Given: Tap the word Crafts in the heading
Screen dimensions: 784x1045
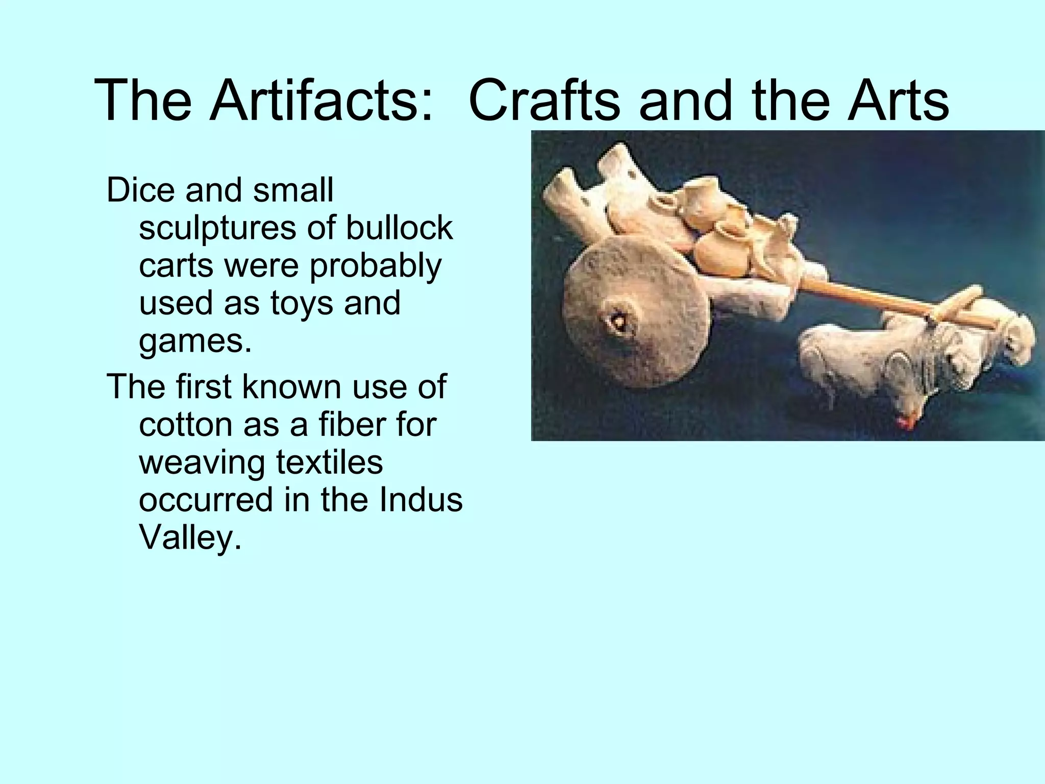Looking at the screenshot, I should [543, 100].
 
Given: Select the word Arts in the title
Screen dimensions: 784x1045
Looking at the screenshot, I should [898, 100].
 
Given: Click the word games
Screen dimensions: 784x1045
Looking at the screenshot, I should [195, 342].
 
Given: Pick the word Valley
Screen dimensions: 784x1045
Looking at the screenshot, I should [189, 537].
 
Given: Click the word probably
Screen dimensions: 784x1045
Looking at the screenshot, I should [375, 266].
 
